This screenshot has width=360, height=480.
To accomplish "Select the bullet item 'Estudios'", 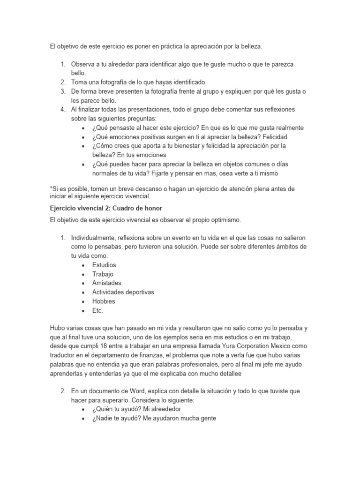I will tap(104, 265).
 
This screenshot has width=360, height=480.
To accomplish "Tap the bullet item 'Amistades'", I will tap(106, 283).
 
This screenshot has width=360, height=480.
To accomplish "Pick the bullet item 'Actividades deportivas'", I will tap(123, 292).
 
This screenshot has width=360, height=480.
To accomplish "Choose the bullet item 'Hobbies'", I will tap(104, 301).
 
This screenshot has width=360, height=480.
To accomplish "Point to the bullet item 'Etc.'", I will tap(97, 310).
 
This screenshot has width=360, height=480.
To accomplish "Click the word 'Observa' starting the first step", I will tap(83, 64).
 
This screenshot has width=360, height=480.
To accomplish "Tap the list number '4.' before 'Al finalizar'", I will tap(63, 109).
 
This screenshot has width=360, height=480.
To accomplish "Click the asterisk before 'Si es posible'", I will tap(51, 188).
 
